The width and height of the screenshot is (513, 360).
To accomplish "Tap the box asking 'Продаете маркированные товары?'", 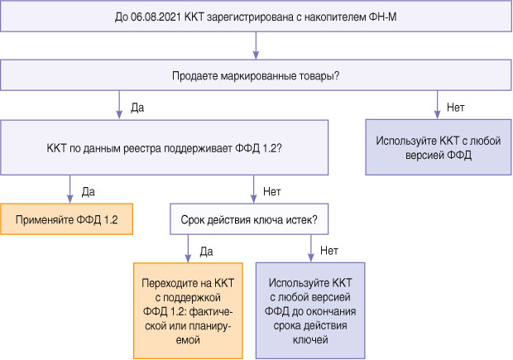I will (x=256, y=76).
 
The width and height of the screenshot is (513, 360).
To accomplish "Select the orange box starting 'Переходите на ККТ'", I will (x=189, y=310).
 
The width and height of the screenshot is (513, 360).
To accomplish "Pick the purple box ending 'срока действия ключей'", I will (x=310, y=310).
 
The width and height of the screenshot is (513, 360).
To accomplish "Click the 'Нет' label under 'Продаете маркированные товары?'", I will (x=455, y=107).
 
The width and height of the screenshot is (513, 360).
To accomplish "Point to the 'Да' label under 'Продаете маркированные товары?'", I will (x=138, y=107).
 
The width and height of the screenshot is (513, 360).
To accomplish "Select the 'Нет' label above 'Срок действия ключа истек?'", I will (x=271, y=190).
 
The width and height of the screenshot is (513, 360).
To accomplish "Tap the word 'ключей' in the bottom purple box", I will (x=310, y=340).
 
